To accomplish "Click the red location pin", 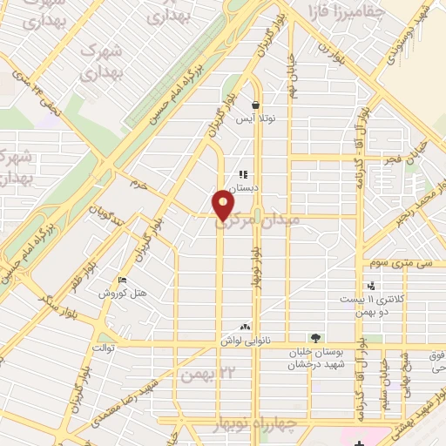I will point(225,206).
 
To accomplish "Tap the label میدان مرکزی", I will point(258,224).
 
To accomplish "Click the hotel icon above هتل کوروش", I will point(122,280).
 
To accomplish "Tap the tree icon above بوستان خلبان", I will point(314,338).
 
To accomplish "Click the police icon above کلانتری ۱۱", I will point(372,285).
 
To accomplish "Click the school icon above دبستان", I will point(244,174).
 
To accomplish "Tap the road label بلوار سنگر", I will point(54,296).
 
